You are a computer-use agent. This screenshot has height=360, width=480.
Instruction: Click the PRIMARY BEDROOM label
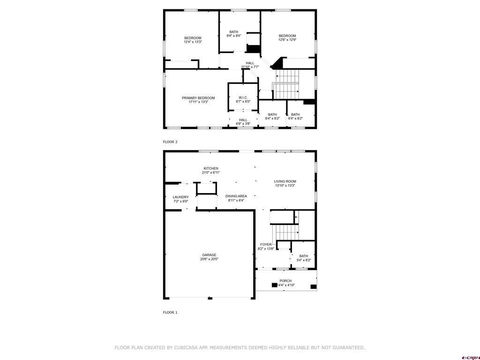point(198,98)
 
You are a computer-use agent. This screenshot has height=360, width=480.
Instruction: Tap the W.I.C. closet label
point(243,97)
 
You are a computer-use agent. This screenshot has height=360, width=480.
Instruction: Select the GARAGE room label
point(209,255)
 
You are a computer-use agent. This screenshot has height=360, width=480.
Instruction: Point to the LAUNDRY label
point(180,197)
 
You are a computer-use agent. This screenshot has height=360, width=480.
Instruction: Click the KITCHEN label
point(210,169)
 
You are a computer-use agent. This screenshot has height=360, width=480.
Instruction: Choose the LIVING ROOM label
point(285,181)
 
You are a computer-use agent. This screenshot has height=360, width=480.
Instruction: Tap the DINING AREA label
point(236,196)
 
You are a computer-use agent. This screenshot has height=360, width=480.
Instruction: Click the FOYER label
point(266,245)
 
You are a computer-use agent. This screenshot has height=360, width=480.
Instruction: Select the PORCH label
point(285,281)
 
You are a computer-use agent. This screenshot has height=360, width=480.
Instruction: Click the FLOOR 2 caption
point(170,142)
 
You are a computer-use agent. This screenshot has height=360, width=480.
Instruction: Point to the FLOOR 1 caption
point(170,312)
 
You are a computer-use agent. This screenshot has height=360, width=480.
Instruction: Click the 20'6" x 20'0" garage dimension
point(209,259)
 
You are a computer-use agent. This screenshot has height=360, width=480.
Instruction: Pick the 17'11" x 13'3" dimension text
point(198,102)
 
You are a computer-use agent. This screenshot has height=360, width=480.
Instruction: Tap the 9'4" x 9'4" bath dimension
point(233,36)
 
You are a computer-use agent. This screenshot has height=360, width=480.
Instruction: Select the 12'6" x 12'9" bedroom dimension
point(287,40)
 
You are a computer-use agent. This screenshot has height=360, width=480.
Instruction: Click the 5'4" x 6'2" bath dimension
point(304,260)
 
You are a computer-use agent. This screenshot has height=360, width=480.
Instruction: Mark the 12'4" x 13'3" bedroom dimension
point(193,42)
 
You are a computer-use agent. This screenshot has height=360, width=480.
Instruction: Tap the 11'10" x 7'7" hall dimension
point(250,67)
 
